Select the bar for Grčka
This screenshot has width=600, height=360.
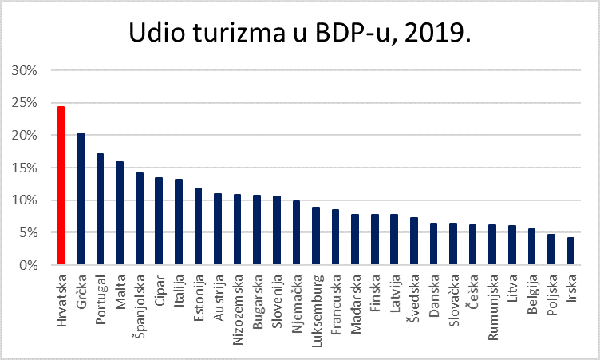(x=81, y=199)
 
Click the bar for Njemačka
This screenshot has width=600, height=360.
(x=296, y=232)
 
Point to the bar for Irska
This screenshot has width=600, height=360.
(x=570, y=251)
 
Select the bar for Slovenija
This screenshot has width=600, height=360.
(x=277, y=230)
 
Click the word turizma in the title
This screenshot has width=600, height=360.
(x=240, y=34)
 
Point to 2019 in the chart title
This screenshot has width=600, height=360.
(x=434, y=34)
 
